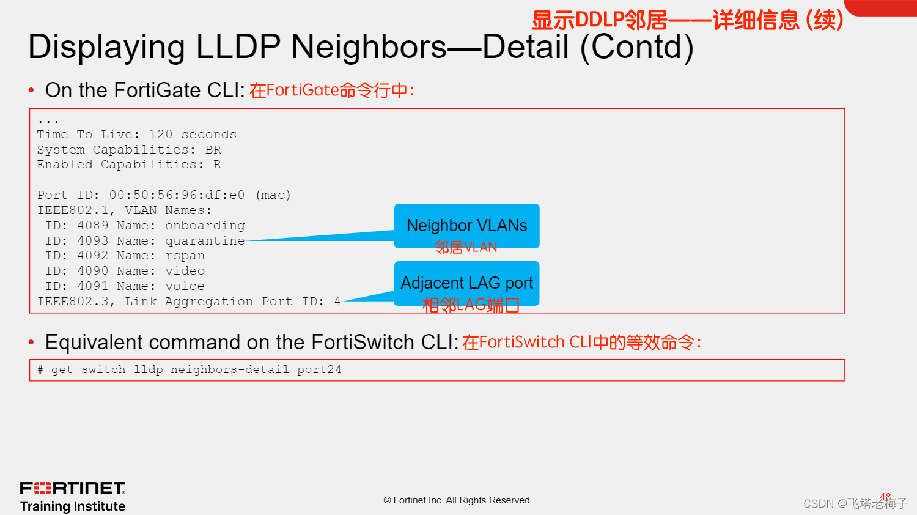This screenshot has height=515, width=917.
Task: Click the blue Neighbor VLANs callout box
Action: pos(466,226)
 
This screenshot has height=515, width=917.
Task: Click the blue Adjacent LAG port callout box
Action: pos(466,283)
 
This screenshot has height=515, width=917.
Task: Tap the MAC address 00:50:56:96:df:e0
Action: pos(177,195)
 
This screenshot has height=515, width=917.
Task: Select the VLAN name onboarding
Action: pos(205,226)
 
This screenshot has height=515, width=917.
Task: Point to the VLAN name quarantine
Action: pos(205,241)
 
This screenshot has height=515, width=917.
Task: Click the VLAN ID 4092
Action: pos(93,256)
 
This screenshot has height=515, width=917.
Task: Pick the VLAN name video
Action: pos(185,271)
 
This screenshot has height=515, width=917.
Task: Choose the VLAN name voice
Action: pos(185,286)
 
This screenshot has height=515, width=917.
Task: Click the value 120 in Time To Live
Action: pos(161,135)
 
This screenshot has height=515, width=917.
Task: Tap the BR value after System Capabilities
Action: pos(213,150)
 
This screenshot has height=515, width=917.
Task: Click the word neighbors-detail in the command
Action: pos(229,370)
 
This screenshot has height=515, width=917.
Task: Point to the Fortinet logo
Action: pos(73,488)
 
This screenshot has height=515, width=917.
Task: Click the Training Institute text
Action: pos(73,506)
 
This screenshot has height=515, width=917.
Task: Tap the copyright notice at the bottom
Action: pos(458,500)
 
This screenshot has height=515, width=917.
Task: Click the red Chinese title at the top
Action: pos(687,20)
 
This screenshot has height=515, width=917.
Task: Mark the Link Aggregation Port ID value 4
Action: pos(337,302)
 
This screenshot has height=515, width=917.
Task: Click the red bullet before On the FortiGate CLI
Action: pos(31,91)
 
